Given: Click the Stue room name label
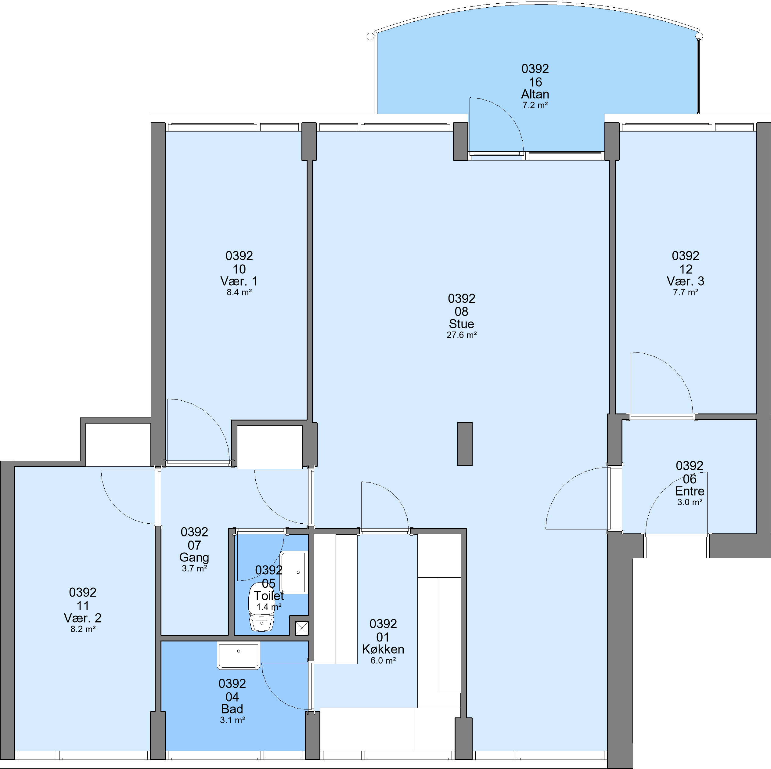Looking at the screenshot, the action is tap(461, 324).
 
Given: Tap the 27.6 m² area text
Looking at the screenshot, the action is tap(461, 335).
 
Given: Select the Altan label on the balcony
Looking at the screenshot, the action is tap(535, 94).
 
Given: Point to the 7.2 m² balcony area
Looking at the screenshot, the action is tap(535, 105).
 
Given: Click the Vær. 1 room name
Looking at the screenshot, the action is tap(239, 281).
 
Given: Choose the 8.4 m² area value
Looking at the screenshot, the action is tap(239, 292).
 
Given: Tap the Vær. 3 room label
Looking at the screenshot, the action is tap(685, 281).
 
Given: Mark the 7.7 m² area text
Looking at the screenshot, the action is tap(685, 292).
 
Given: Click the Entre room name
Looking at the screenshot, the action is tap(689, 491).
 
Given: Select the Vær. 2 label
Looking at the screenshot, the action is tap(83, 618).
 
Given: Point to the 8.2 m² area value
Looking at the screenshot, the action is tap(83, 629).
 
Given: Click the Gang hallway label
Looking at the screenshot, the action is tap(194, 557).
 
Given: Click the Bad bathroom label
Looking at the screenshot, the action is tap(232, 709).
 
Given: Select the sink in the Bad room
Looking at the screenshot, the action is tap(238, 655).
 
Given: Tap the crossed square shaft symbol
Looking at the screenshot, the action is tap(302, 628).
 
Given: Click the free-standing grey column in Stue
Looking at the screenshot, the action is tap(464, 444).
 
